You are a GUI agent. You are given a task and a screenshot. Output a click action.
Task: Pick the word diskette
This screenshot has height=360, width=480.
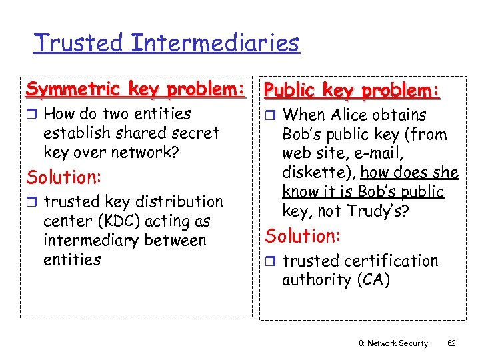point(316,173)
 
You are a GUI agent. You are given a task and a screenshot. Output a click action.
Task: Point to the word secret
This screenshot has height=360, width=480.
point(194,133)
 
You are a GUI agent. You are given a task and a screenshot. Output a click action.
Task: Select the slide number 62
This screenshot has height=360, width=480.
point(451,343)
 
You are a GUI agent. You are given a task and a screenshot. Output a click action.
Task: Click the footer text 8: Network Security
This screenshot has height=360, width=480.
point(393,343)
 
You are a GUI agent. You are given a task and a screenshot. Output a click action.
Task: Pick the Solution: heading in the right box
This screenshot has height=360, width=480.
point(303,236)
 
